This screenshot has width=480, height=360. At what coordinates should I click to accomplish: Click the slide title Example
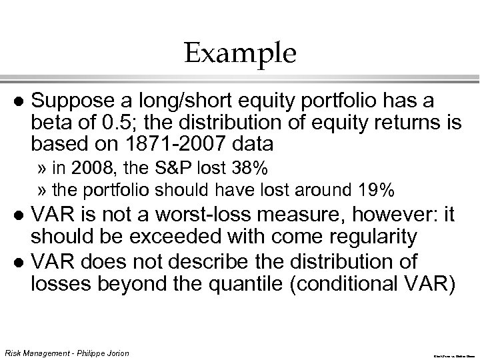pos(239,53)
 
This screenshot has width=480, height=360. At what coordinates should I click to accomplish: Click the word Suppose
pos(66,101)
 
